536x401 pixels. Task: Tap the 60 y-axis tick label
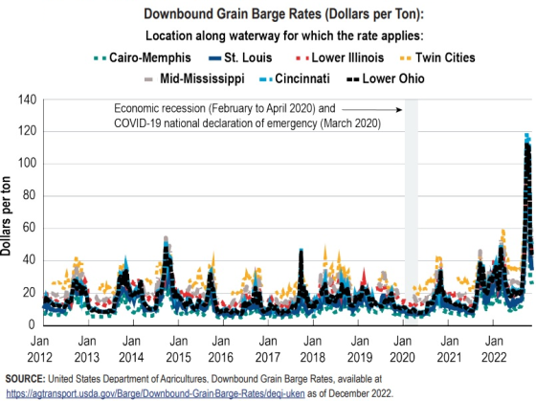click(x=29, y=228)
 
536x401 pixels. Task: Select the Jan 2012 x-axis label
click(x=40, y=348)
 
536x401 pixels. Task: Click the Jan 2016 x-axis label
click(x=221, y=348)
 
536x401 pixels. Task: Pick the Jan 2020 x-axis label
click(x=402, y=348)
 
